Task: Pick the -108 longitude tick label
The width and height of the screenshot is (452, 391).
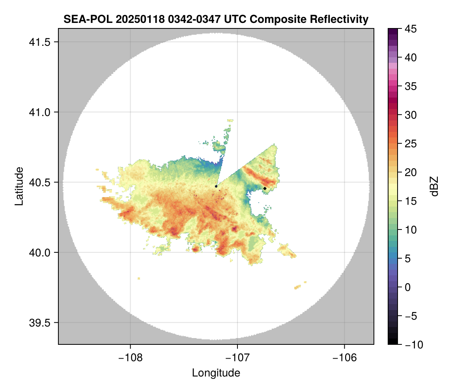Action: click(130, 358)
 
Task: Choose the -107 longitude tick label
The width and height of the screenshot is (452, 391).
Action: click(237, 358)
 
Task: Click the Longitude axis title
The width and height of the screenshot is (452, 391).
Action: click(216, 373)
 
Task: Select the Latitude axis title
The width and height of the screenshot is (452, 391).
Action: click(19, 186)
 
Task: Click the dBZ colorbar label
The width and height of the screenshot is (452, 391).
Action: click(434, 186)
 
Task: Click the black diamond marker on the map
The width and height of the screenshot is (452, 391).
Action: click(265, 188)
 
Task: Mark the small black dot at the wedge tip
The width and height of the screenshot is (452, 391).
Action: click(216, 186)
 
